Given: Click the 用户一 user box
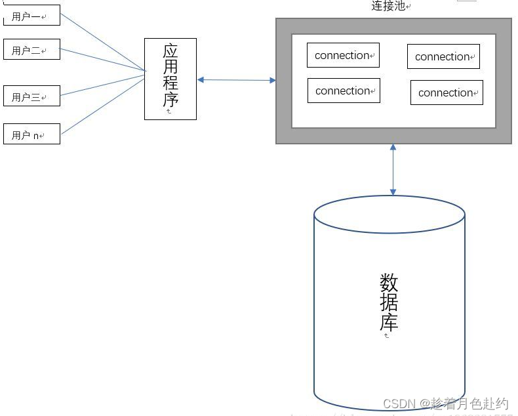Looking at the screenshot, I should pos(31,15).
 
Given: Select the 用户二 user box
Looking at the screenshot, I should pos(31,49).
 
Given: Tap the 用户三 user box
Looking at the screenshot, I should pos(31,96).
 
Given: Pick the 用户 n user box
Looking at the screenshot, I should pos(31,134).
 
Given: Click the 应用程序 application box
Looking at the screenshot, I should pos(170,79).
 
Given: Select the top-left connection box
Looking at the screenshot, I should pos(343,55).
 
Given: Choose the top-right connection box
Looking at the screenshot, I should pos(443,56).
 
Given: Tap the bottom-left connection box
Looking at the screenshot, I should pos(344,91).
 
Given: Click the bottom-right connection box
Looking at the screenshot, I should pos(447,93).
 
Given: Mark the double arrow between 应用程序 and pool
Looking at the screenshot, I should pos(237,80).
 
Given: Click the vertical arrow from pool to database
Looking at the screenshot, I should pos(393,170).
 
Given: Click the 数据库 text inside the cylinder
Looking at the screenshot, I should pos(389,302).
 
